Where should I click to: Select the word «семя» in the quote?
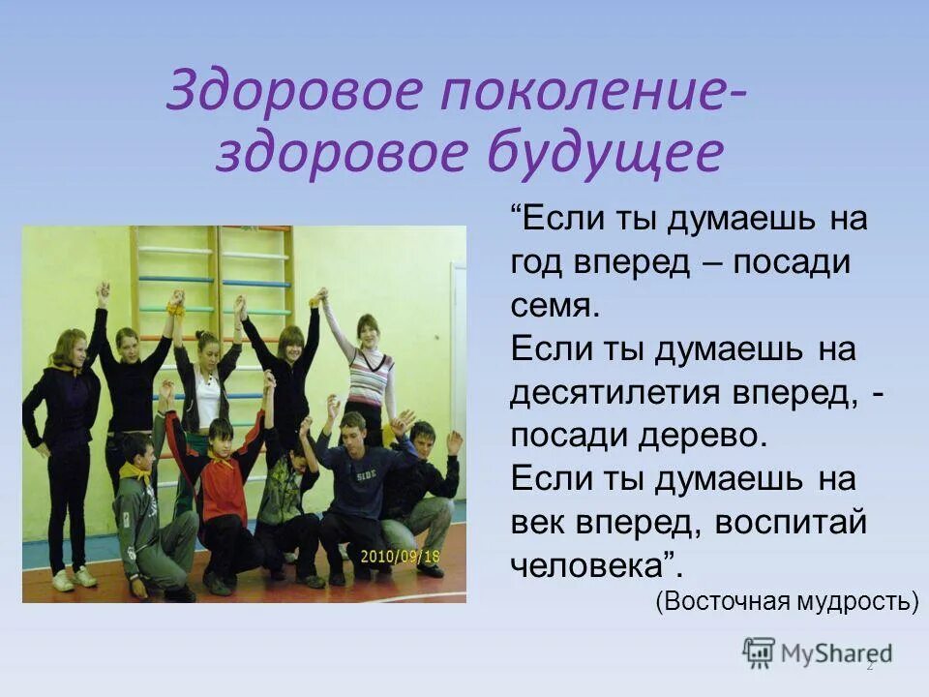pos(554,306)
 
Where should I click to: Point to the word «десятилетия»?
pos(614,392)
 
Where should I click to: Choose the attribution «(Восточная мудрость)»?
pos(786,601)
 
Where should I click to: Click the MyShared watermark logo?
pos(818,653)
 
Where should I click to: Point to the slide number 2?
pos(869,666)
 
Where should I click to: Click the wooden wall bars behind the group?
pos(256,271)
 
